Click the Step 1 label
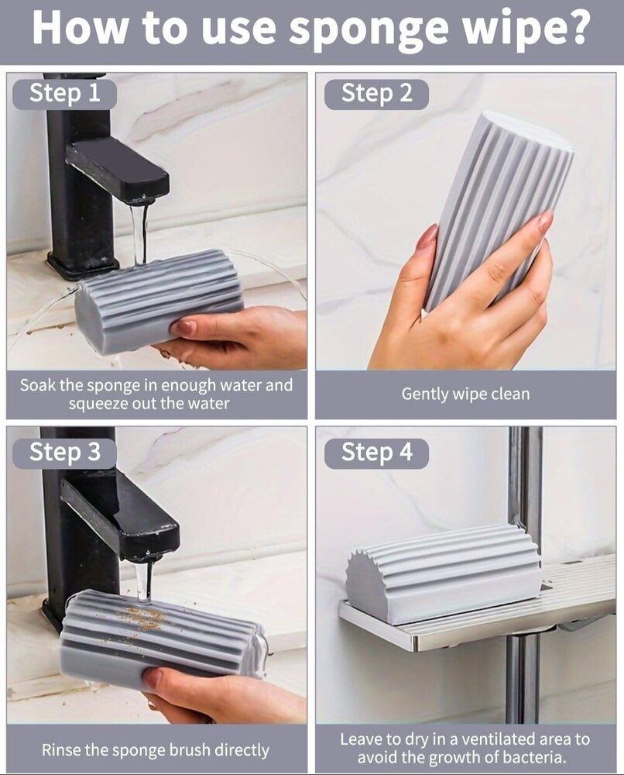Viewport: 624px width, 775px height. coord(65,94)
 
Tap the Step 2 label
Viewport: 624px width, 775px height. coord(376,94)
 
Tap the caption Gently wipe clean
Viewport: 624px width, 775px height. coord(465,394)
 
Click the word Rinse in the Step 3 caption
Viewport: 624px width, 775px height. coord(60,749)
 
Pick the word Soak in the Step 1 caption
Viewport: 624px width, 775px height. coord(37,384)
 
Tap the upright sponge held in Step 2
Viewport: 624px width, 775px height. coord(495,209)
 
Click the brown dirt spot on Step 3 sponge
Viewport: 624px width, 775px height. coord(142,618)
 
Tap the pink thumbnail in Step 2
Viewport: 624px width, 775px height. coord(427,237)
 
